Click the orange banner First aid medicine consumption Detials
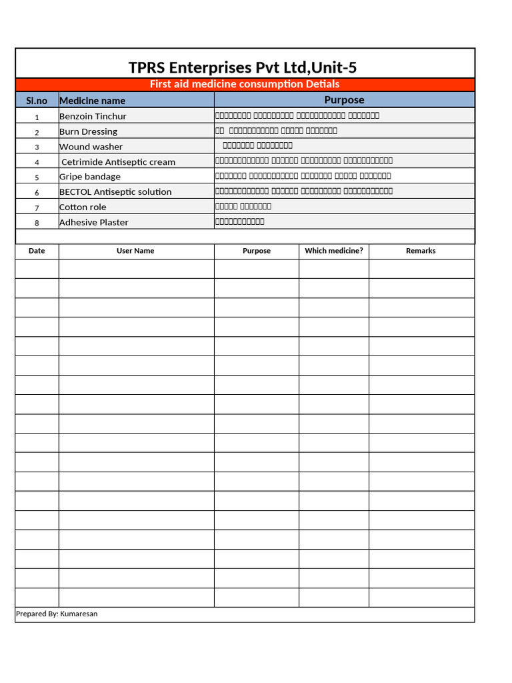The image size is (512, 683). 245,84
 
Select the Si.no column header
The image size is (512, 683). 37,101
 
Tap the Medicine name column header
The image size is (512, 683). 92,101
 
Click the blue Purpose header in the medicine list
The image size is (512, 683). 344,100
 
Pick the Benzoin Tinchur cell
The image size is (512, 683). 93,116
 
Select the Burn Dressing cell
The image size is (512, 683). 88,131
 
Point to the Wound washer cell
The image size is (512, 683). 91,147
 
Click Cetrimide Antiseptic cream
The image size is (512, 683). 118,162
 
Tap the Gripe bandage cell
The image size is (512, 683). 90,177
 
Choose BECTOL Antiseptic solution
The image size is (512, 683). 115,192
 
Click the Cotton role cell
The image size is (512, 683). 83,207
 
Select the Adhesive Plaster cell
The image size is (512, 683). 94,222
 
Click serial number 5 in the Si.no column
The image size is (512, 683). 37,177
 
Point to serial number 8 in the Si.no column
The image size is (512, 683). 37,223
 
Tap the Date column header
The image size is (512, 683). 37,251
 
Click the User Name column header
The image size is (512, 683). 135,251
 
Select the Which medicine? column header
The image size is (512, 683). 333,251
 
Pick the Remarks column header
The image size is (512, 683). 421,251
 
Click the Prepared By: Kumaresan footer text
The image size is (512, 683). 57,614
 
